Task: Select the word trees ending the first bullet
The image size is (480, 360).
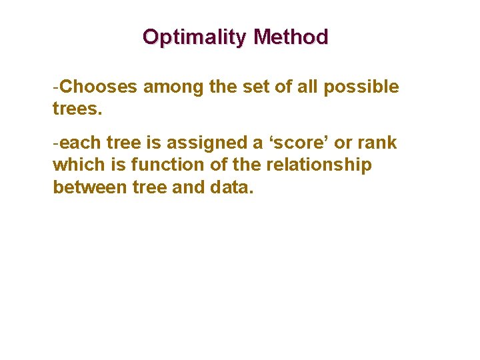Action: click(77, 109)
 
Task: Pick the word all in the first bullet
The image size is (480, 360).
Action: click(305, 87)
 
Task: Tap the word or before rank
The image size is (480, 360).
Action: click(345, 143)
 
